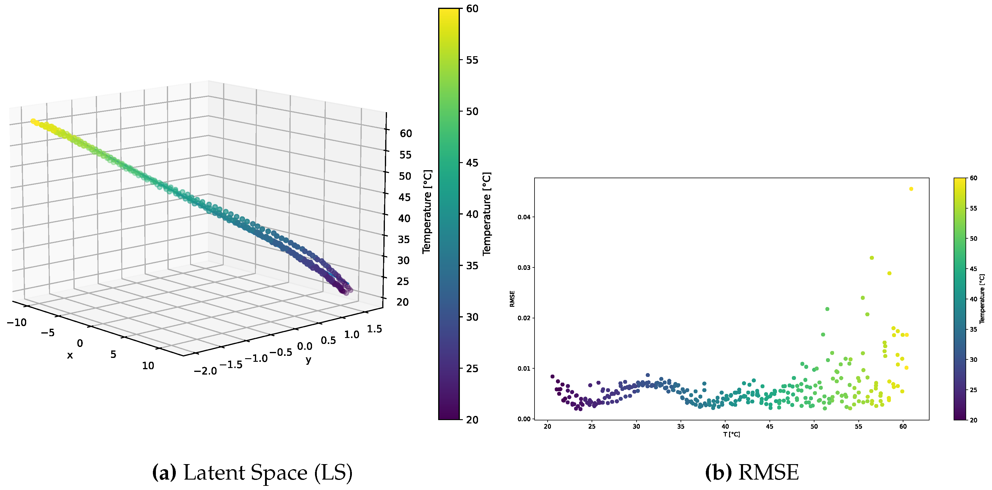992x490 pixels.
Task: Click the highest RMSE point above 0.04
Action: [911, 189]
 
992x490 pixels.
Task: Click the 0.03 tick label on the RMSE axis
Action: [524, 268]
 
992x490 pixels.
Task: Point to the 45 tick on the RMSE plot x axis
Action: [770, 426]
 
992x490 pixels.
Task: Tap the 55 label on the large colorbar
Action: [472, 60]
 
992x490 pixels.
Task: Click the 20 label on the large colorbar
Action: [472, 420]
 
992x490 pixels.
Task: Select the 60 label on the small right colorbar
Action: [974, 178]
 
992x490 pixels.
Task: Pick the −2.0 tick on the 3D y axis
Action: [205, 371]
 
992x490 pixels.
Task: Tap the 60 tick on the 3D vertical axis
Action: [405, 134]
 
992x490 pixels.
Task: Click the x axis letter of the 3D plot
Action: [70, 355]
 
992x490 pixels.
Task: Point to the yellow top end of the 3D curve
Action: [33, 121]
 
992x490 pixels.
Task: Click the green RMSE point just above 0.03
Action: [872, 258]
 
